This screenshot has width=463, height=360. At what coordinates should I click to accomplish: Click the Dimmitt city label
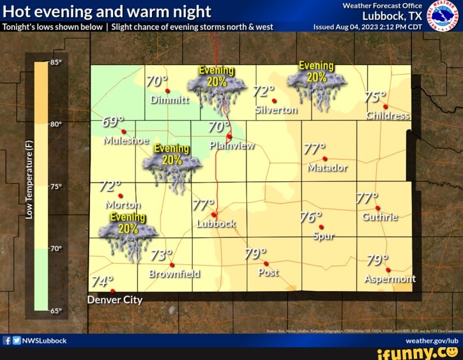pyautogui.click(x=170, y=100)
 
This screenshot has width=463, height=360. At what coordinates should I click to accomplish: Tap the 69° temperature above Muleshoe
pyautogui.click(x=113, y=123)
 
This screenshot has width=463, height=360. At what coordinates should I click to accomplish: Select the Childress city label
pyautogui.click(x=388, y=116)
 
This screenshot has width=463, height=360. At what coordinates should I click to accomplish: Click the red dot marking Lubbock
pyautogui.click(x=215, y=214)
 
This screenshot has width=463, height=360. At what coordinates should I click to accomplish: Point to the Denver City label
pyautogui.click(x=115, y=300)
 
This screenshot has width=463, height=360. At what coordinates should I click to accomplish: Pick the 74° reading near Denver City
pyautogui.click(x=102, y=281)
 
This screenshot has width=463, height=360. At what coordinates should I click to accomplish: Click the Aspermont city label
pyautogui.click(x=390, y=278)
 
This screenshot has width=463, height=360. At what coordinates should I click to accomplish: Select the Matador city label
pyautogui.click(x=327, y=168)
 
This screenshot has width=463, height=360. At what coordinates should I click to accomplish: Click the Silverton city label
pyautogui.click(x=276, y=110)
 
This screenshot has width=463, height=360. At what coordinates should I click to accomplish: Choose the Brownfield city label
pyautogui.click(x=174, y=274)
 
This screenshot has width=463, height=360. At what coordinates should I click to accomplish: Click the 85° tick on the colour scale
pyautogui.click(x=56, y=63)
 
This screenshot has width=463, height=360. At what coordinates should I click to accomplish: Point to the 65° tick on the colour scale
pyautogui.click(x=56, y=311)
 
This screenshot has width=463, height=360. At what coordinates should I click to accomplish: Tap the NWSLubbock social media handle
pyautogui.click(x=44, y=341)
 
